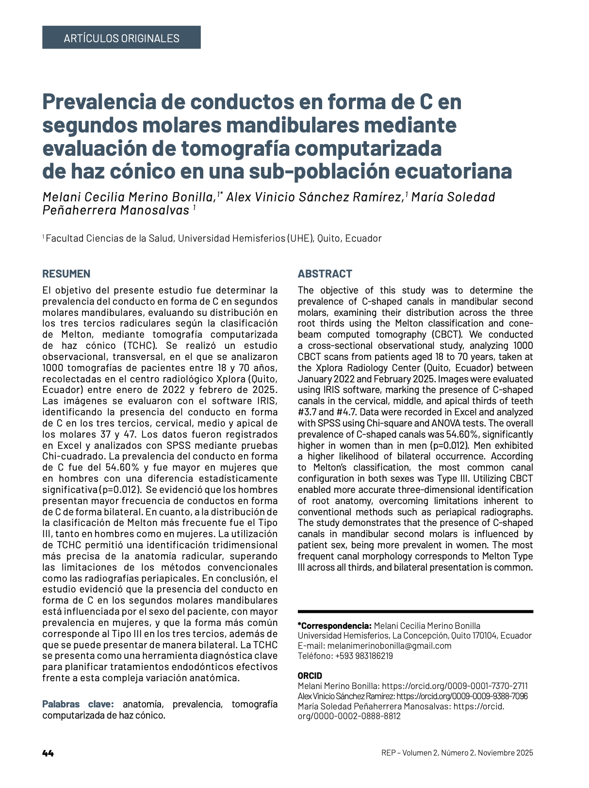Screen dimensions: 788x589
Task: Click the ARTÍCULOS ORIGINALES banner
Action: pyautogui.click(x=121, y=38)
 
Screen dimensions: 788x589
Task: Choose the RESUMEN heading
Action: pyautogui.click(x=66, y=274)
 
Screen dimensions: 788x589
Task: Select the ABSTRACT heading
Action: pyautogui.click(x=325, y=274)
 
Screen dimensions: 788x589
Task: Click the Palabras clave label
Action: pyautogui.click(x=78, y=704)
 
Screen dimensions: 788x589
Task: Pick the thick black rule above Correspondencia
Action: pyautogui.click(x=415, y=611)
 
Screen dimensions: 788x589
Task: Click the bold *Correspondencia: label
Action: pyautogui.click(x=334, y=626)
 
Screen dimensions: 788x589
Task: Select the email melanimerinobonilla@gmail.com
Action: pyautogui.click(x=389, y=646)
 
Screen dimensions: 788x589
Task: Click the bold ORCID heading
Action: pyautogui.click(x=310, y=676)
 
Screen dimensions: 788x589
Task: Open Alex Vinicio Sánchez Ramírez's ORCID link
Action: pyautogui.click(x=462, y=696)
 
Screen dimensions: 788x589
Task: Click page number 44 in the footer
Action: pyautogui.click(x=48, y=753)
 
